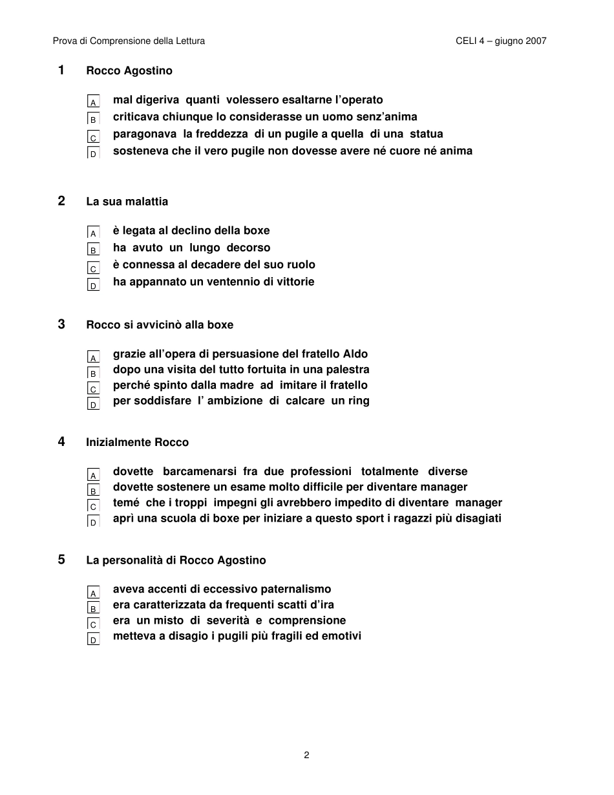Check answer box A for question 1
point(93,101)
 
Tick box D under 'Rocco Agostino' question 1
point(93,153)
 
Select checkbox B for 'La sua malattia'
point(93,249)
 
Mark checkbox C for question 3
point(93,388)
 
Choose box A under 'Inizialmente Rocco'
point(93,474)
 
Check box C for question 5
point(93,624)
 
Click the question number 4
point(61,442)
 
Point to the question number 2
point(61,201)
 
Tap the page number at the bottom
point(306,755)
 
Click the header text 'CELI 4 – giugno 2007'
point(501,41)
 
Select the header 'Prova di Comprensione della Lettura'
point(129,41)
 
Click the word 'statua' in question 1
point(427,134)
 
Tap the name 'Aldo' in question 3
point(355,354)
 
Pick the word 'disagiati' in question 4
point(478,518)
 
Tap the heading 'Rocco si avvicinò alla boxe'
point(160,324)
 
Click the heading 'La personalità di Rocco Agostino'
point(176,560)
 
